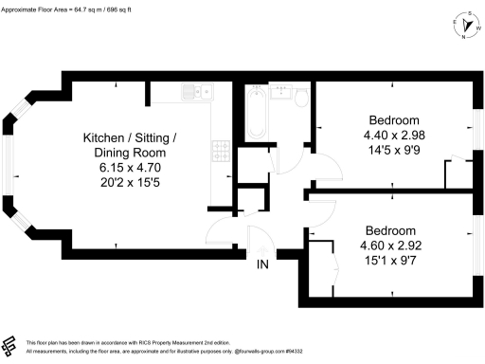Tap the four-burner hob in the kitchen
coord(219,149)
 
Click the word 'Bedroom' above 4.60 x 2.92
coord(390,231)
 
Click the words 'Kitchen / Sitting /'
coord(130,138)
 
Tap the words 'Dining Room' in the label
coord(129,153)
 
